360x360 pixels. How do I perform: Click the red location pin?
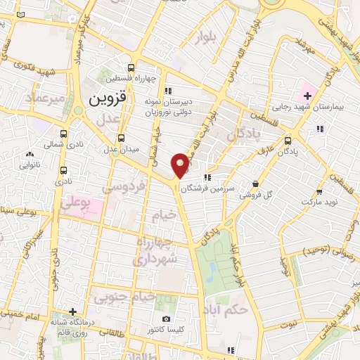(181, 165)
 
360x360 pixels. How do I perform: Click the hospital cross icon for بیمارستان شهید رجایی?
(307, 94)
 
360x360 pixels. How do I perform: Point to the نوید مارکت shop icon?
(319, 191)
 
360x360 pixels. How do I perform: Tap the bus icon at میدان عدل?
(122, 138)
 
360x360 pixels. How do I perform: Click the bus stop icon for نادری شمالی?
(65, 134)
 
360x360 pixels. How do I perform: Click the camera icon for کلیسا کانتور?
(166, 319)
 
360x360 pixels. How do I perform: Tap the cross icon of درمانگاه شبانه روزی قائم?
(72, 311)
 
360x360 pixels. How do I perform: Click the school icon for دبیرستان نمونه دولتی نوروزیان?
(167, 91)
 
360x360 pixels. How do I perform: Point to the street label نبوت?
(288, 325)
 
